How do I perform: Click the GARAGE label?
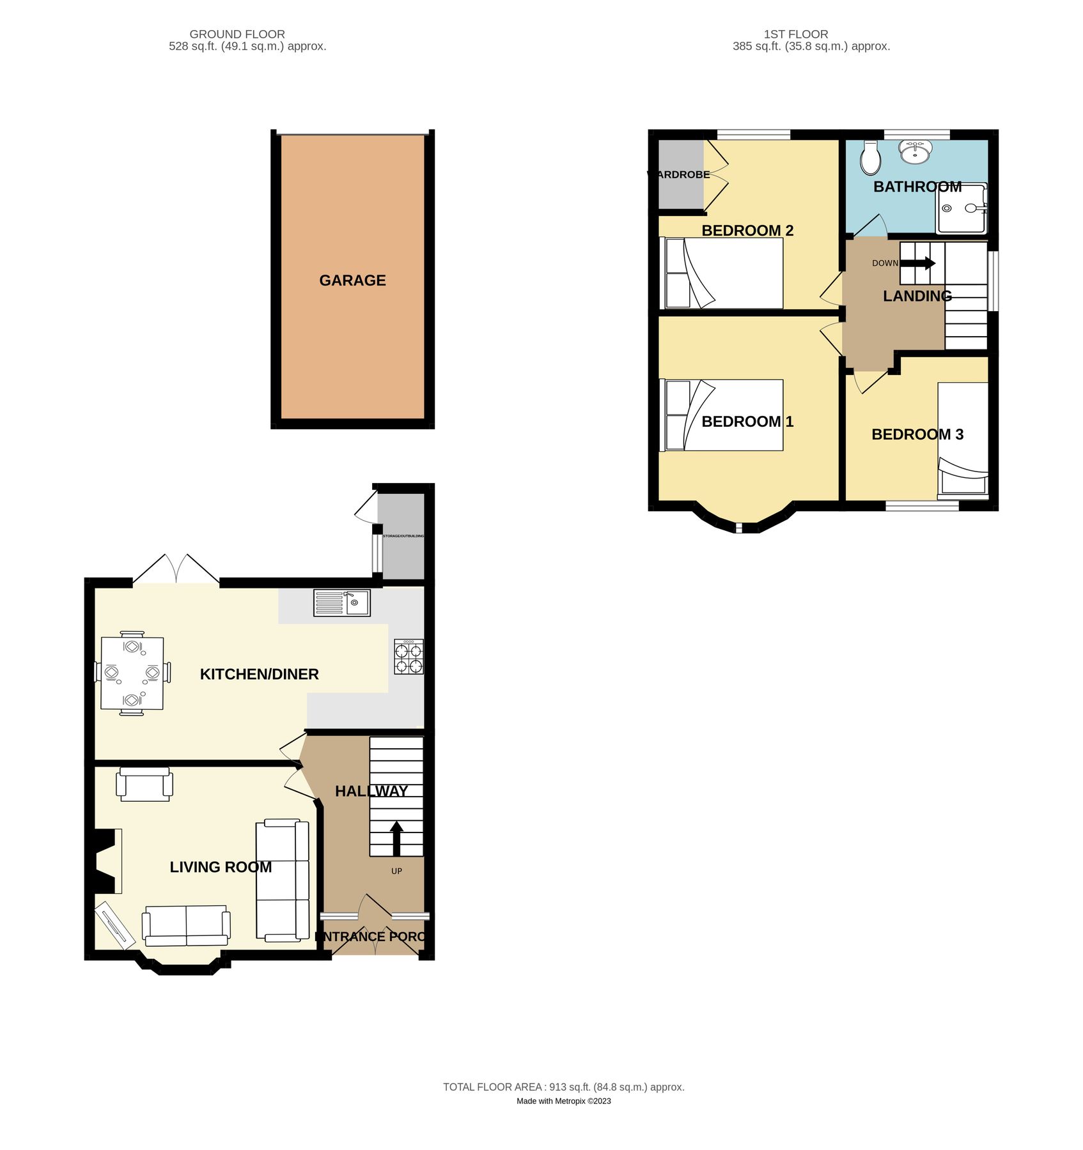(x=352, y=280)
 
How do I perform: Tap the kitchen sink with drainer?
(x=341, y=603)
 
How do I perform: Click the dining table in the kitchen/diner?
(x=132, y=673)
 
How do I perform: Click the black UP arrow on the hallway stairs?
(x=396, y=838)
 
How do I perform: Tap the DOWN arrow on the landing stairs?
(x=919, y=263)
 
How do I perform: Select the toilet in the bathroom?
(x=870, y=158)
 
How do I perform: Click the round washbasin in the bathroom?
(x=915, y=152)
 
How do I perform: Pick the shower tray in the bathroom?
(x=962, y=208)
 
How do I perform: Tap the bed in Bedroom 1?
(x=721, y=415)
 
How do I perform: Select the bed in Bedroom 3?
(x=963, y=440)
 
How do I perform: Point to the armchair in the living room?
(x=144, y=785)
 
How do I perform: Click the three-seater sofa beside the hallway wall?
(x=282, y=880)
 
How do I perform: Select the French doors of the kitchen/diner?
(x=176, y=569)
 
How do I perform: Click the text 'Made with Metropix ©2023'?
(x=563, y=1101)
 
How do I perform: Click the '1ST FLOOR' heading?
(x=795, y=34)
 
